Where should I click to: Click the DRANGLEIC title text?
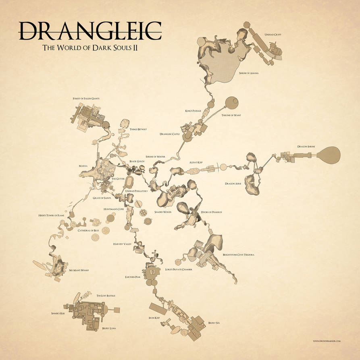click(90, 31)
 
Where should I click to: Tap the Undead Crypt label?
click(273, 35)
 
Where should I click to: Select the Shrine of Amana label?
click(249, 73)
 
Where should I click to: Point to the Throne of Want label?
click(231, 115)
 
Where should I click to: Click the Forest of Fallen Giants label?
click(86, 98)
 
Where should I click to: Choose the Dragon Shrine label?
click(306, 147)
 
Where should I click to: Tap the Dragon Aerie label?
click(233, 184)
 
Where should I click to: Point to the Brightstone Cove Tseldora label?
click(239, 254)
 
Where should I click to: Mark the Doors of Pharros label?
click(212, 212)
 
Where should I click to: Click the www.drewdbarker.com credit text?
click(327, 341)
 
